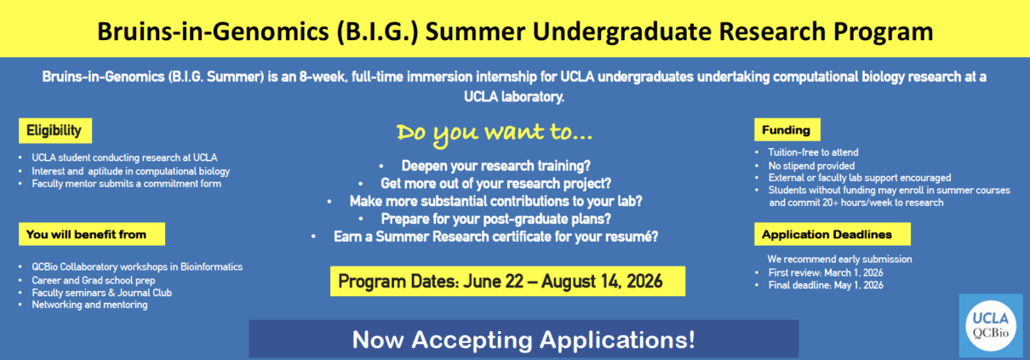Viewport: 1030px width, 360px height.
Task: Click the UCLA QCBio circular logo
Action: click(x=990, y=325)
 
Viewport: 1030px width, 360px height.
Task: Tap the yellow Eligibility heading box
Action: click(x=55, y=130)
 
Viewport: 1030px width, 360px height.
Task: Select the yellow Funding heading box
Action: click(x=787, y=129)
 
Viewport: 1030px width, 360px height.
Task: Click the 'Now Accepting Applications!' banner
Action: click(x=524, y=340)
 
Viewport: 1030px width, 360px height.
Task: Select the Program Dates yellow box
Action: click(x=507, y=282)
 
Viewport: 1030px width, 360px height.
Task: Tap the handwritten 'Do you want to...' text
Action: click(x=495, y=134)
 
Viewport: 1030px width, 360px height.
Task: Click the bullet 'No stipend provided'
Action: click(x=811, y=165)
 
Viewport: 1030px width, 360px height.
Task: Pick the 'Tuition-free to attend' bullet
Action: click(x=814, y=152)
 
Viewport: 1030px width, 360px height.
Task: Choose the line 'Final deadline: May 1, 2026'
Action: click(x=826, y=285)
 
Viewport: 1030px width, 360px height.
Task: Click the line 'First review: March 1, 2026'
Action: click(x=826, y=272)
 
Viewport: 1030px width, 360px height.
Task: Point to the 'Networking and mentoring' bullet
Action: click(x=89, y=305)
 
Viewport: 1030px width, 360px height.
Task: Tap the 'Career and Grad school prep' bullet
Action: click(x=94, y=281)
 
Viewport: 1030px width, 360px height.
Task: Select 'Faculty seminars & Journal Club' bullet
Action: click(x=101, y=293)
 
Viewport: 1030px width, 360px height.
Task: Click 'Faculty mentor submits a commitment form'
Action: click(x=127, y=184)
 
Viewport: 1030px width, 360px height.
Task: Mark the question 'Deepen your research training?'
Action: click(x=495, y=165)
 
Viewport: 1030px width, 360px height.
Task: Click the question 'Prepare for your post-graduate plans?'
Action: click(x=495, y=219)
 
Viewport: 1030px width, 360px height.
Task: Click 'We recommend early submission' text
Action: click(x=839, y=260)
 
